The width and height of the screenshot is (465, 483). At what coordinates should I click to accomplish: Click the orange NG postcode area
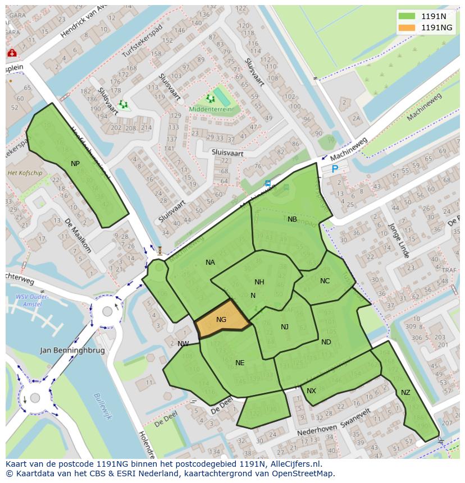222,320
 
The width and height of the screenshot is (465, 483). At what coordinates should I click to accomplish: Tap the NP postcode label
75,163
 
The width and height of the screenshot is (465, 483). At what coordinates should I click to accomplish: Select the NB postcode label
292,219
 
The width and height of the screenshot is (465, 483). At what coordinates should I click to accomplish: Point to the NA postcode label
210,262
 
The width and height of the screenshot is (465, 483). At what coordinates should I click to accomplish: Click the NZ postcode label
405,393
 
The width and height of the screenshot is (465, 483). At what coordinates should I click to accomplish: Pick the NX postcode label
311,391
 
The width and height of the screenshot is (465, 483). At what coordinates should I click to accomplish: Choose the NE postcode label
240,363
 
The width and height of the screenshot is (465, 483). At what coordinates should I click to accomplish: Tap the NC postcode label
325,281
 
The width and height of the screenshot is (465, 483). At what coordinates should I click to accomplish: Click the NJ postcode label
285,327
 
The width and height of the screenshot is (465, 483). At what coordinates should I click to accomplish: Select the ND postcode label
326,342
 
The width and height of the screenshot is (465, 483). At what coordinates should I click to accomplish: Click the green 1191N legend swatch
407,16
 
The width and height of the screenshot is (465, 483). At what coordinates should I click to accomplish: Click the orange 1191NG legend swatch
407,27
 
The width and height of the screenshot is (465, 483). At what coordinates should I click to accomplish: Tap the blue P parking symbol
335,168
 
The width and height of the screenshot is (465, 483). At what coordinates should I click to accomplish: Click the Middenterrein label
210,110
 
